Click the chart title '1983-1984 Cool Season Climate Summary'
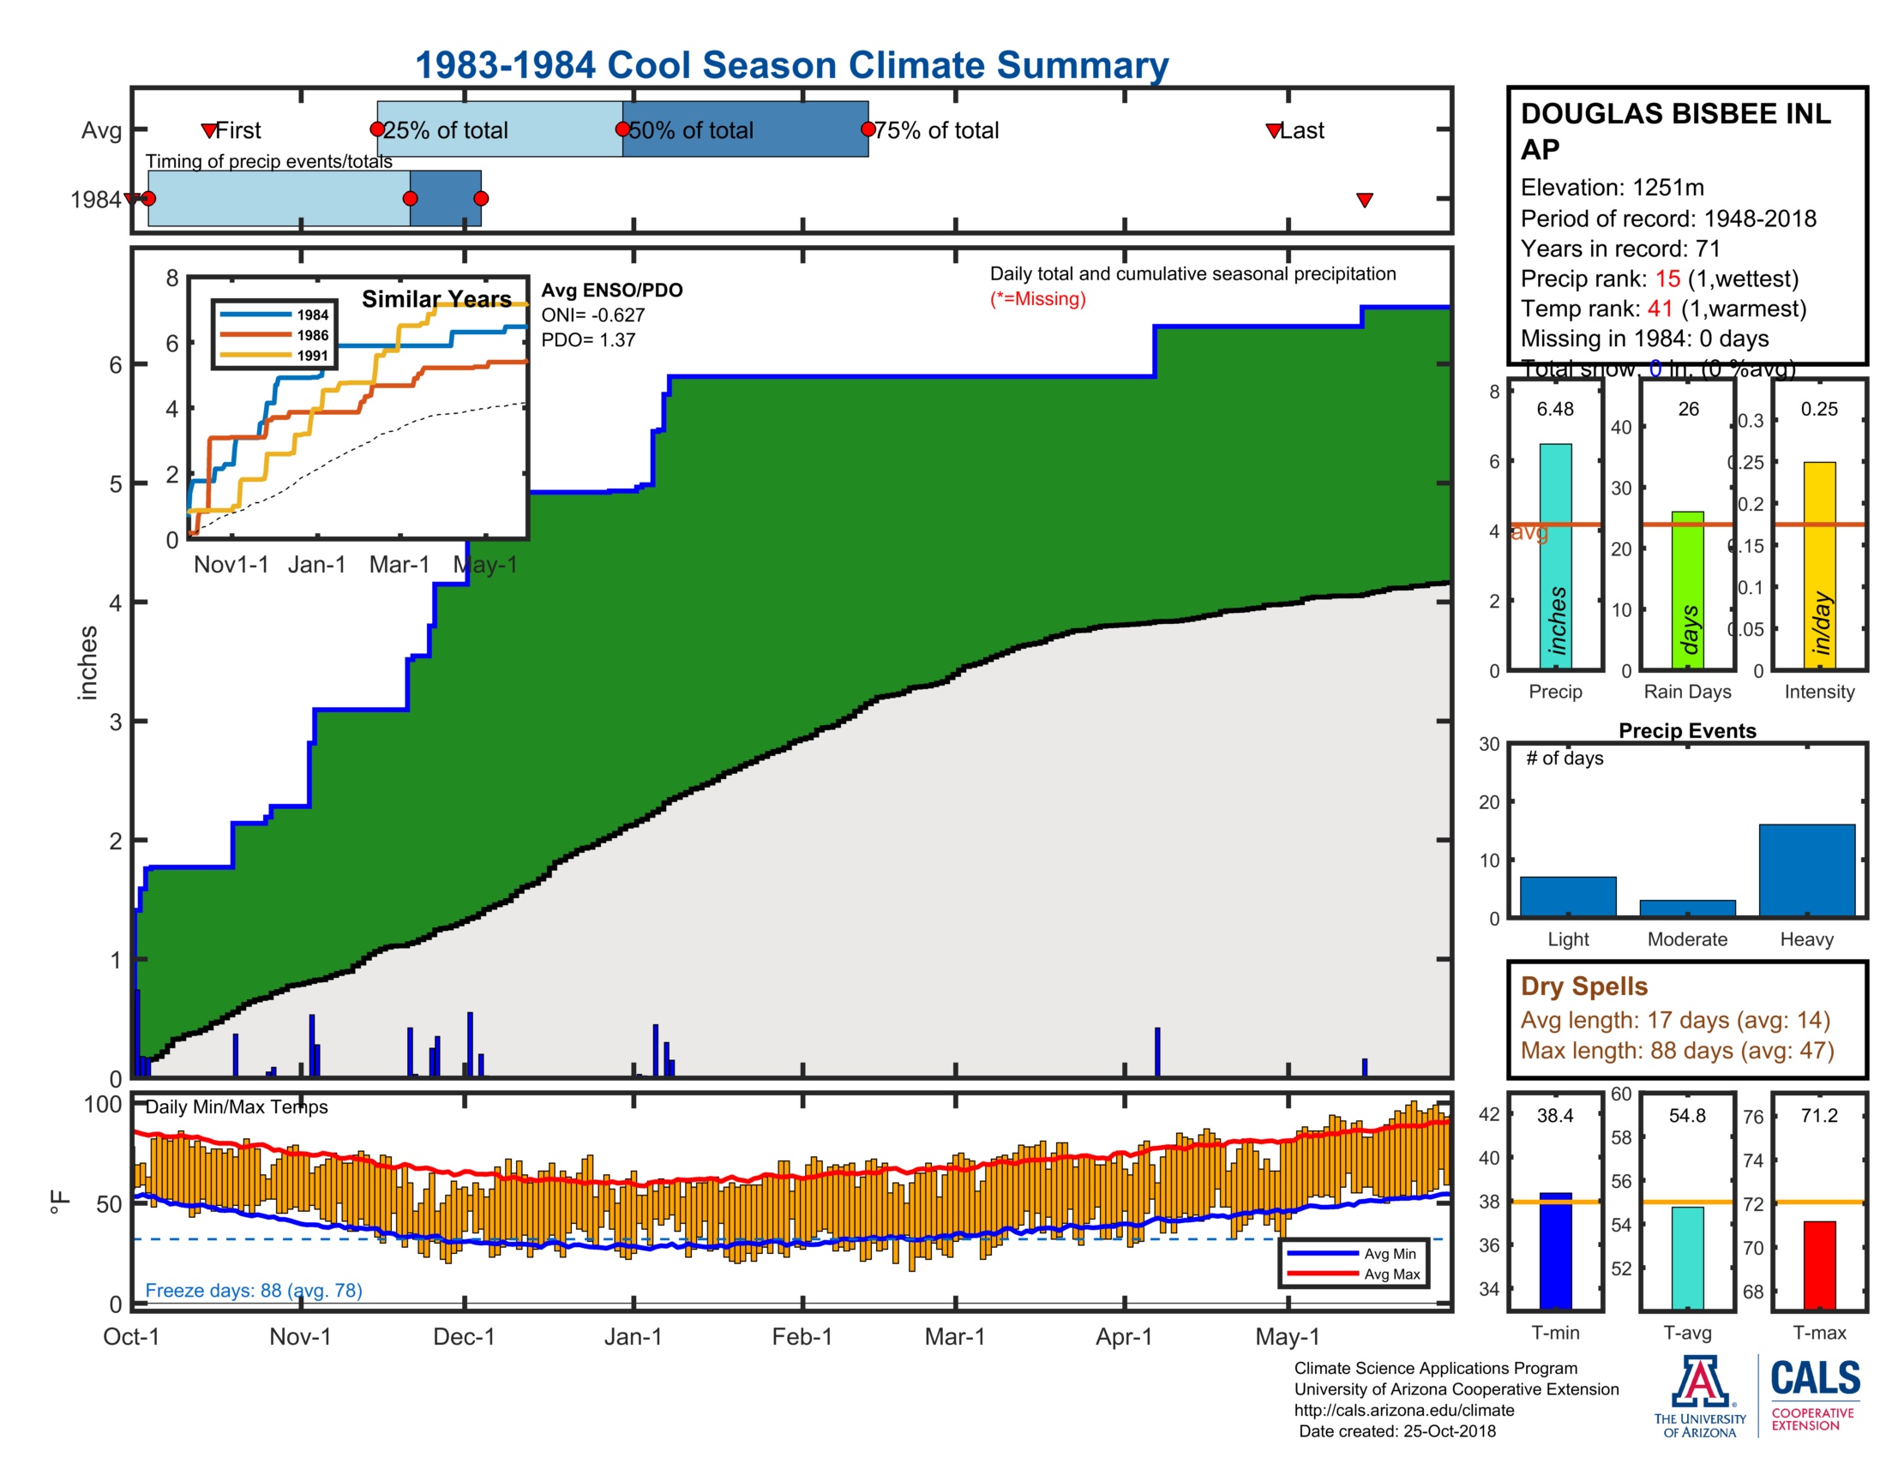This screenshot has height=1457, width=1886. point(791,65)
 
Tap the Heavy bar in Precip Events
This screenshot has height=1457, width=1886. point(1805,869)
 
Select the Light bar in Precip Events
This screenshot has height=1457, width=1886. point(1567,896)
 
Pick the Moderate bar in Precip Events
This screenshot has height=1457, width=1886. point(1686,908)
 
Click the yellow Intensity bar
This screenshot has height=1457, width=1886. point(1818,566)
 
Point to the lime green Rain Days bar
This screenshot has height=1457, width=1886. point(1687,591)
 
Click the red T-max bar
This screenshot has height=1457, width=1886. point(1818,1264)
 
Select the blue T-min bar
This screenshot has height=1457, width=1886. point(1555,1250)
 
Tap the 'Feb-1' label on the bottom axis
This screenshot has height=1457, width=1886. point(802,1336)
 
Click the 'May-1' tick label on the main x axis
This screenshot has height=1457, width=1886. point(1287,1336)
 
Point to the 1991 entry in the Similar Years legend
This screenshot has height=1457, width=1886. point(312,356)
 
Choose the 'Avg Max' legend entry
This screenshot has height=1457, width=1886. point(1391,1274)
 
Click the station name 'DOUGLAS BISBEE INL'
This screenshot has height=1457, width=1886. point(1674,114)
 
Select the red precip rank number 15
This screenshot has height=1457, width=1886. point(1667,279)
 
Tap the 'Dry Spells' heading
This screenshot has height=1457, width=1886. point(1583,986)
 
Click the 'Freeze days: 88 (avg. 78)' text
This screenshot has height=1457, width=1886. point(253,1290)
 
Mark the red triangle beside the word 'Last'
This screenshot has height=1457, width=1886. point(1274,131)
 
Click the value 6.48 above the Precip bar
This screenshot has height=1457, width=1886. point(1554,409)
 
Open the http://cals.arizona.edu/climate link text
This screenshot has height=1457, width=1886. point(1403,1410)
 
